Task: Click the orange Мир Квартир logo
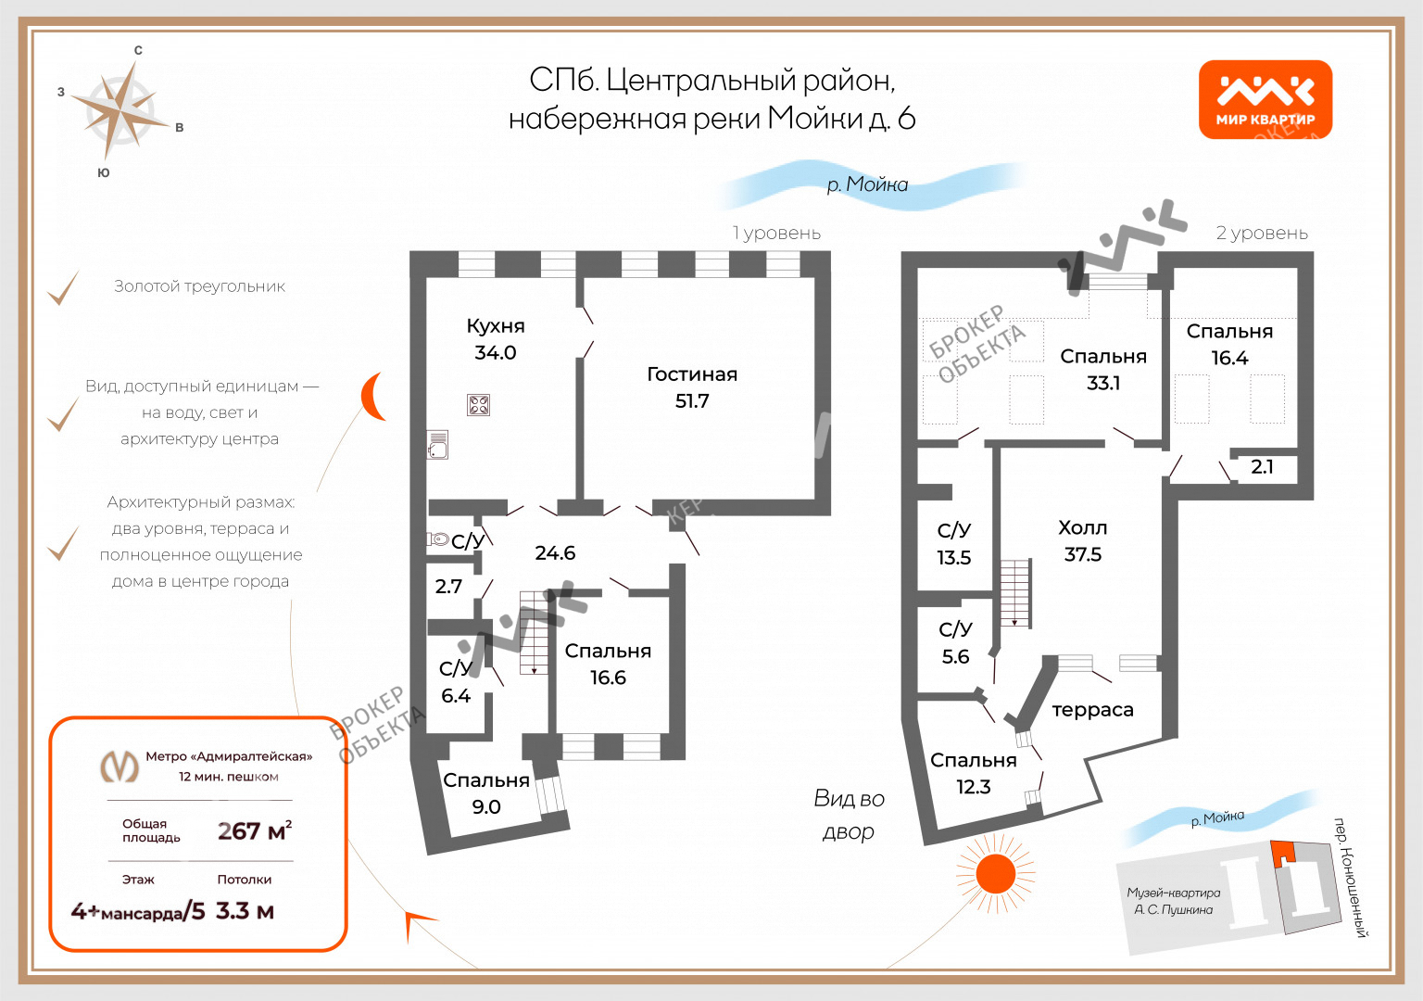point(1265,99)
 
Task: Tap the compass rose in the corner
point(119,110)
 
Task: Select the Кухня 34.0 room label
point(496,339)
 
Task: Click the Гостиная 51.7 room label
point(692,387)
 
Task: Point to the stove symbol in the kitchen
point(478,405)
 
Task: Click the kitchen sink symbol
point(437,445)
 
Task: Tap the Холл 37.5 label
point(1082,540)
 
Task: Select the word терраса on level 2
point(1092,710)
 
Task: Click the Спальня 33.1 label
point(1102,369)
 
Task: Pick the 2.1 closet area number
point(1262,467)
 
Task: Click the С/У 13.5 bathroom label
point(953,543)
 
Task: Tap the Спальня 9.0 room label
point(486,793)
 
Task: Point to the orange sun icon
point(996,874)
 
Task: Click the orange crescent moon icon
point(374,397)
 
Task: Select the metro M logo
point(120,767)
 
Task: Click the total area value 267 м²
point(254,830)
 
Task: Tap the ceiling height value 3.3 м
point(245,911)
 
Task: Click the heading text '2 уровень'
point(1262,234)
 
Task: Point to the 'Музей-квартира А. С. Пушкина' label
point(1173,901)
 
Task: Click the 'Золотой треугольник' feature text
point(199,286)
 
